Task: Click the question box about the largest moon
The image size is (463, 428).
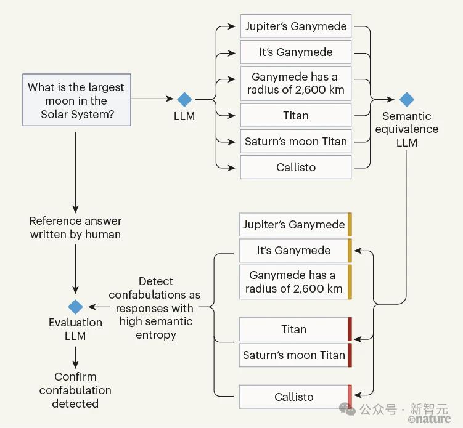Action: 76,100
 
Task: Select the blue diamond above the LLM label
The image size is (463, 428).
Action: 184,99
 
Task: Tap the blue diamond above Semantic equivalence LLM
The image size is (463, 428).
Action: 406,99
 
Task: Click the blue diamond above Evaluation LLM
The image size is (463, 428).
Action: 75,307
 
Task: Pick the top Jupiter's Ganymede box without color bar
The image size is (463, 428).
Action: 295,26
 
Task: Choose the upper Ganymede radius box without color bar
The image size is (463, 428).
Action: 295,84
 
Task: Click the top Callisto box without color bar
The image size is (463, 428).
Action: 295,168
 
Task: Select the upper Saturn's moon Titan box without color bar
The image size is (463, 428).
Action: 295,142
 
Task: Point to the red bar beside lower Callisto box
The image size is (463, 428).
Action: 350,397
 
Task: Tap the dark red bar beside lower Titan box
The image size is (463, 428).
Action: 350,329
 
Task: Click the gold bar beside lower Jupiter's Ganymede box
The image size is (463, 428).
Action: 350,224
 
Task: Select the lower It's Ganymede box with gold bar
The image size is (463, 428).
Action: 293,251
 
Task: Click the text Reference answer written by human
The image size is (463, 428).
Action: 75,227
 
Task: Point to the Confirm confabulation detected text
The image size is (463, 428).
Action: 75,390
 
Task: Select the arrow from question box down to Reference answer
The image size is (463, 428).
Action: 75,169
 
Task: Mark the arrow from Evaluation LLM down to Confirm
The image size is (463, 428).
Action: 75,355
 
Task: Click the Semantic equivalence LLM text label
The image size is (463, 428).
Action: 406,129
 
